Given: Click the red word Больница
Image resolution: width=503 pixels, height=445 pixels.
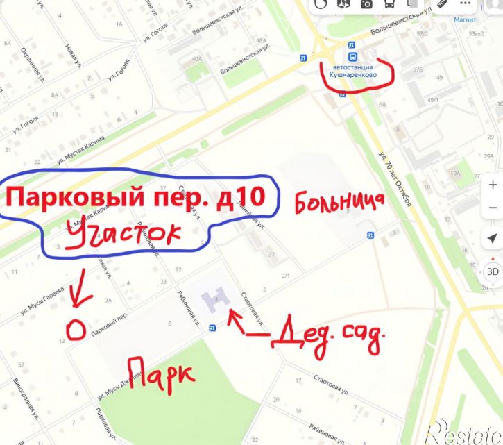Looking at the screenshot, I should click(x=339, y=202).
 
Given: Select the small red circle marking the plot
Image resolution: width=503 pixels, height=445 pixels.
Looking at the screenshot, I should click(x=76, y=330).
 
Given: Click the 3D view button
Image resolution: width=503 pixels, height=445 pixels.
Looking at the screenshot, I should click(x=492, y=271).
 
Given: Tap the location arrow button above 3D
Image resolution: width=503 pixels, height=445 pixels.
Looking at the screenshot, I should click(x=492, y=238).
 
